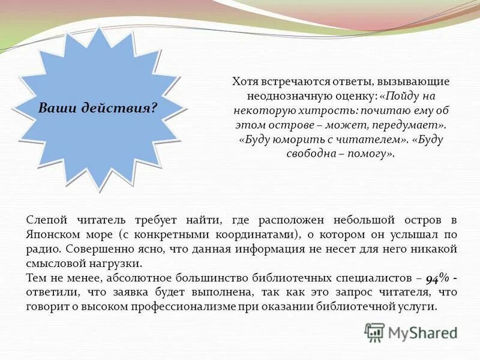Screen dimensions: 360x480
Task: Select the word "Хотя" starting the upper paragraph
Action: pyautogui.click(x=245, y=82)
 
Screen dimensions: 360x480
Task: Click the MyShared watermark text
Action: pyautogui.click(x=422, y=332)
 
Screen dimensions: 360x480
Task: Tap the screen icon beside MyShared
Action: pyautogui.click(x=374, y=332)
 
